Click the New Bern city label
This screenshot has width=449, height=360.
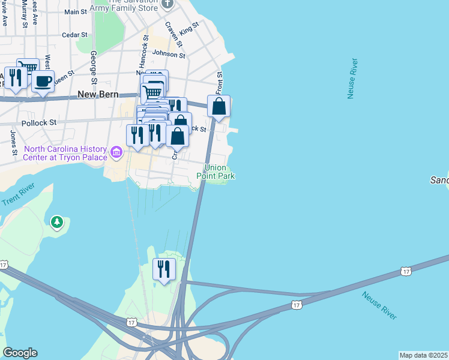tap(100, 95)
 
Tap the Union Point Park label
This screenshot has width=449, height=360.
tap(215, 172)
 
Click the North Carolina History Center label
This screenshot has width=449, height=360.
tap(65, 153)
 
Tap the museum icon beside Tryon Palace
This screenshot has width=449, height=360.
tap(116, 154)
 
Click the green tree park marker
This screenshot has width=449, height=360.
tap(57, 223)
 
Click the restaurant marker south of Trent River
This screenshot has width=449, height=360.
tap(164, 269)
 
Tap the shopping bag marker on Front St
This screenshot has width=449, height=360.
tap(219, 106)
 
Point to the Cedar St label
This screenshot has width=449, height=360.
tap(75, 35)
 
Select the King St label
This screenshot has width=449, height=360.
tap(188, 28)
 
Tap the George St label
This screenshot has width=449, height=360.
tap(94, 67)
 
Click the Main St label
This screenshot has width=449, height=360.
tap(76, 12)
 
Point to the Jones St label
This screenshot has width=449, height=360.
tap(13, 141)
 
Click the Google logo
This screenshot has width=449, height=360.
tap(20, 353)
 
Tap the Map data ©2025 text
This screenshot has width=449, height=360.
tap(424, 355)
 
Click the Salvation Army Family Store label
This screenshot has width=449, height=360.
tap(133, 5)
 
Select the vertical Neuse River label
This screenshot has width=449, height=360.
tap(353, 78)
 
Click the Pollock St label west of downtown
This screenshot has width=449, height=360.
tap(39, 122)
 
